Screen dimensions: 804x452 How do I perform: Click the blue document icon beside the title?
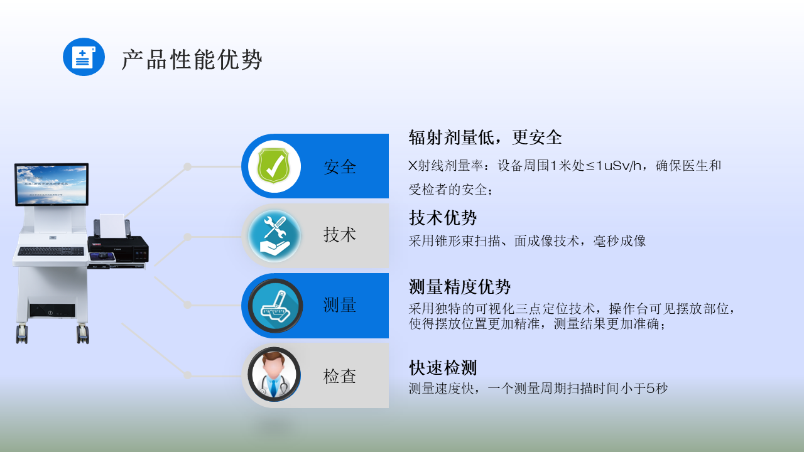84,57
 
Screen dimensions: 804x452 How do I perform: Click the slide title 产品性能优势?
192,60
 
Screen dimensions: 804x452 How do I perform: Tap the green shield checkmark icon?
274,166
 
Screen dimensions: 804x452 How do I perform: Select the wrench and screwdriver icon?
274,235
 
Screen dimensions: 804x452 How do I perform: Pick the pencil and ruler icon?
275,306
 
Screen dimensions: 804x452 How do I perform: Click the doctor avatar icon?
274,374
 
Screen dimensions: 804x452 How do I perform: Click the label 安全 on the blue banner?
340,167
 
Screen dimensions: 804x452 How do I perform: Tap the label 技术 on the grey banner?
340,235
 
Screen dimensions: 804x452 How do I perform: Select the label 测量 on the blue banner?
340,305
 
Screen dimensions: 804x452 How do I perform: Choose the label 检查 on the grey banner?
340,376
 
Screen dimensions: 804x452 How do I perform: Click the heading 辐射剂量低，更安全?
485,137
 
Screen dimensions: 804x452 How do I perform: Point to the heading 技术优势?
443,218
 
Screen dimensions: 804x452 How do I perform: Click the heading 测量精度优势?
460,287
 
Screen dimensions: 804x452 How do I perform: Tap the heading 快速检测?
443,367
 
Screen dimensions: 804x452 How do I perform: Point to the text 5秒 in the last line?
657,388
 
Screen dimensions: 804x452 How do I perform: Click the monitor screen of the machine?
52,185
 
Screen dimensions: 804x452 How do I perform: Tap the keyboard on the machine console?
51,251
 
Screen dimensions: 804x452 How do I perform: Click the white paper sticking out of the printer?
112,226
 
